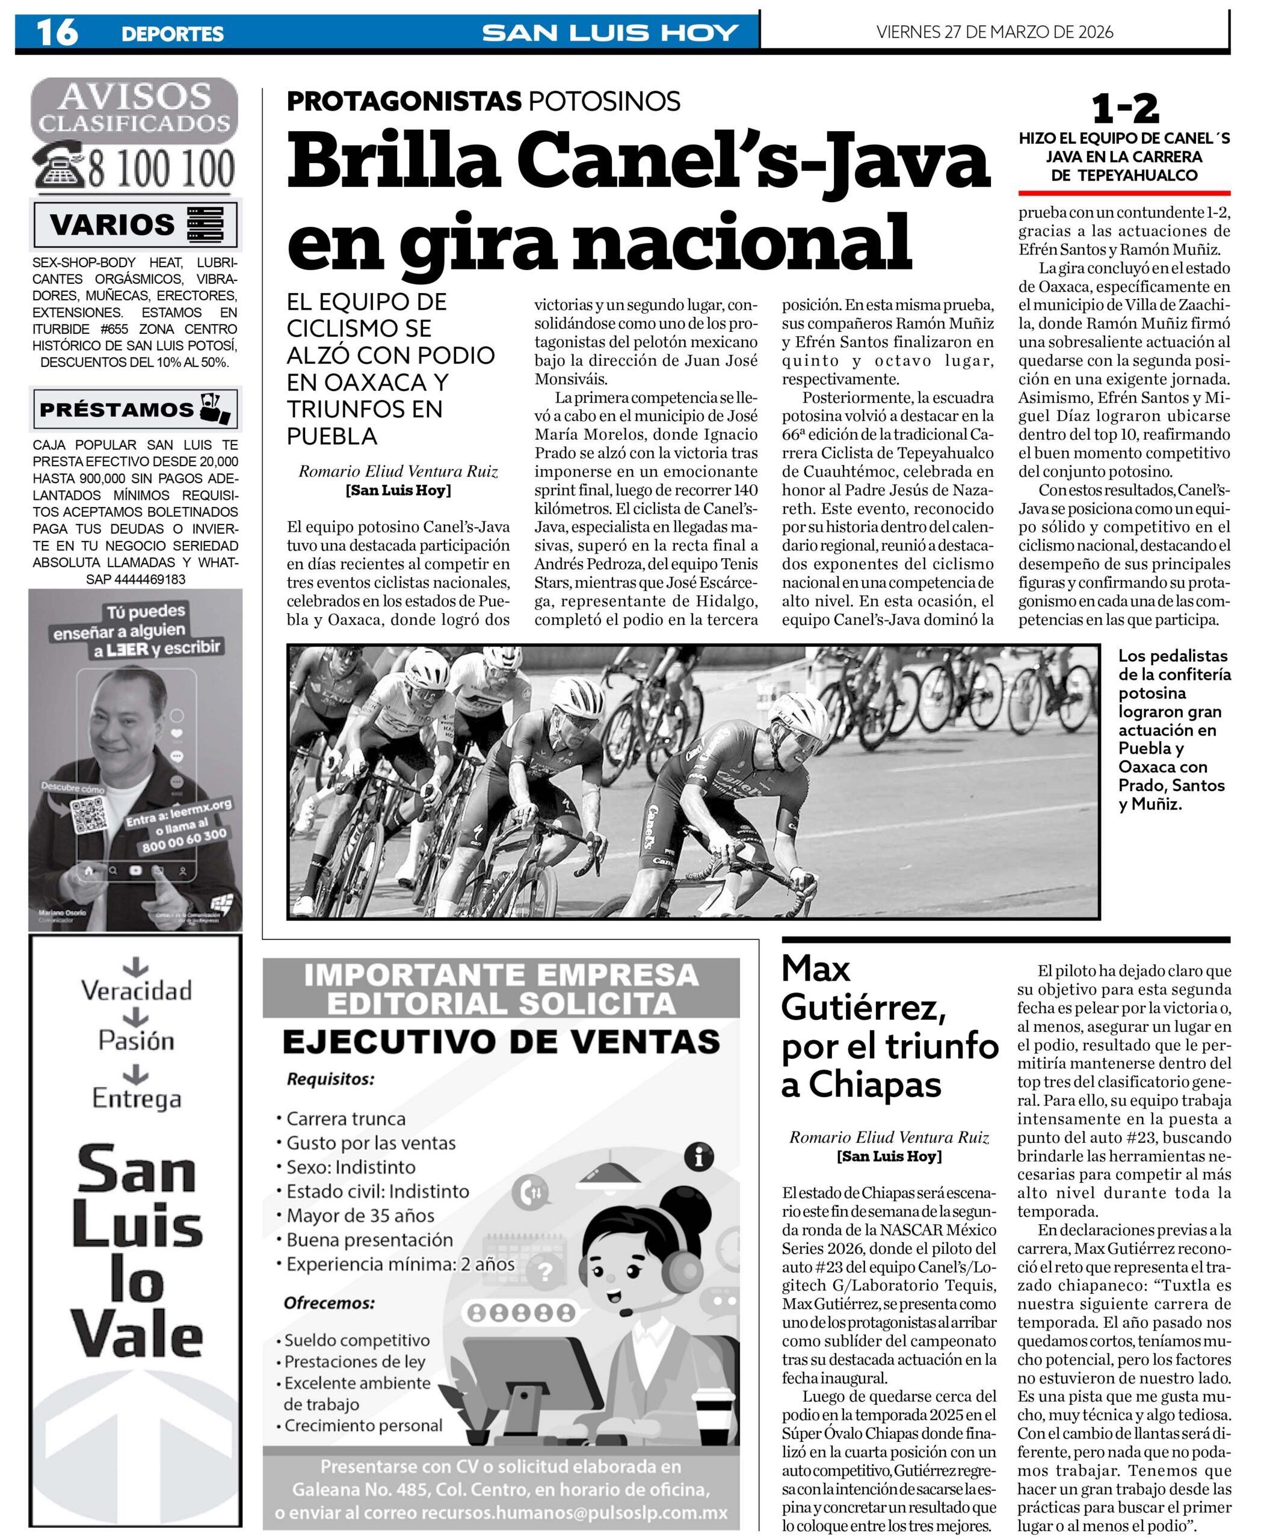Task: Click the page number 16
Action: [57, 32]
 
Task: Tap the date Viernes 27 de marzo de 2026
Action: [994, 32]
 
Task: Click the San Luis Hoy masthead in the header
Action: [610, 32]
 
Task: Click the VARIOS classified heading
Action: [113, 224]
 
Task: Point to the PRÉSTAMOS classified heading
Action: [116, 409]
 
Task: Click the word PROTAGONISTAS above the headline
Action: [404, 101]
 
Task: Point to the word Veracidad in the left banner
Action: [137, 990]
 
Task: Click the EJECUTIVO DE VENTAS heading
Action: [501, 1043]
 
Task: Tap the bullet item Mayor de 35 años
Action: [360, 1215]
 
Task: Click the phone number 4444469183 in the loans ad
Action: [136, 579]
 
